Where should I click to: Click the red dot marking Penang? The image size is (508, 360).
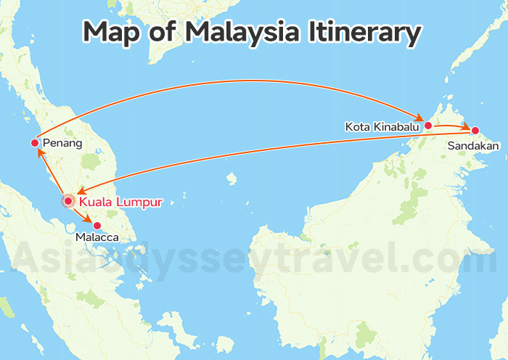(x=35, y=143)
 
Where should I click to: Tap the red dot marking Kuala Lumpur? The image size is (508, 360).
(x=67, y=200)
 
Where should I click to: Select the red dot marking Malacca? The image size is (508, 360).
(x=97, y=225)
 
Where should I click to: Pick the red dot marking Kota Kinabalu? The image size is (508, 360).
(x=428, y=126)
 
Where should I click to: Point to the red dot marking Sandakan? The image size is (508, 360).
(x=475, y=131)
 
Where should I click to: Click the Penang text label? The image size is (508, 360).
(x=62, y=144)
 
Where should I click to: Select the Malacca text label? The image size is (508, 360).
(x=97, y=237)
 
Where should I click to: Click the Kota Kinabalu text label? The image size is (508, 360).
(x=382, y=127)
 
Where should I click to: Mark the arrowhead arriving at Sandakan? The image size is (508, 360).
(x=465, y=128)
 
